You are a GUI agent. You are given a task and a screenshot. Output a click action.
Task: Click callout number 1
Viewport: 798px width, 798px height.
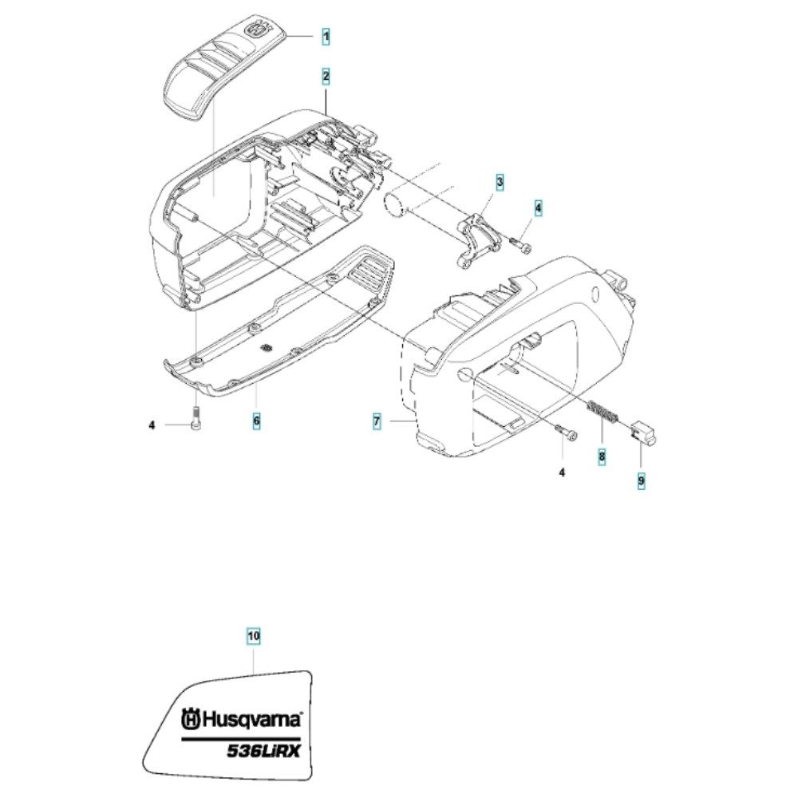326,37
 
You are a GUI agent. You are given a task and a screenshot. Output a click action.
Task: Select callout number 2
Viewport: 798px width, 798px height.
326,77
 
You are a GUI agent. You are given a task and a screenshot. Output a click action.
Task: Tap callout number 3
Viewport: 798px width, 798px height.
500,182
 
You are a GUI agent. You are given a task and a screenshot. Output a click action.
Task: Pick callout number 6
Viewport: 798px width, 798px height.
256,421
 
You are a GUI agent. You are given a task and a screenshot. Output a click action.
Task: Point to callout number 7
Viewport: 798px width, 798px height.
377,421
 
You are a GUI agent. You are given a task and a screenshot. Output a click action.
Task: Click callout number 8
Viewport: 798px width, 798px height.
602,456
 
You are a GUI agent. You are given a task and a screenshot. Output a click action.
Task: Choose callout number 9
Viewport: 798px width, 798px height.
642,480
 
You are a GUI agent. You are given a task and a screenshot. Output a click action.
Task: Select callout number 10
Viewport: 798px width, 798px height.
254,636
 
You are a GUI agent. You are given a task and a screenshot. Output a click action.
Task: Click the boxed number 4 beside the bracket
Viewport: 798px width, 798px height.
539,208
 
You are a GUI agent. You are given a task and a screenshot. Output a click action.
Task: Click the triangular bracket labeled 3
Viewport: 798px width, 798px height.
478,240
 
